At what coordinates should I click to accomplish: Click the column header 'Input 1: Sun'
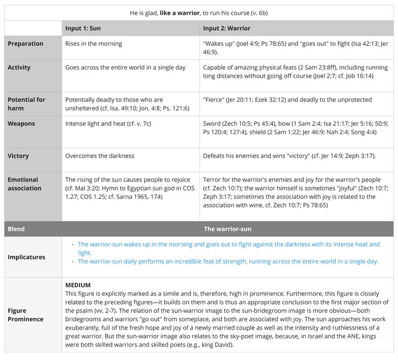tap(83, 28)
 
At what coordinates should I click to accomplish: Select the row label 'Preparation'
tap(26, 44)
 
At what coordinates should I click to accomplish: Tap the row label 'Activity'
tap(19, 68)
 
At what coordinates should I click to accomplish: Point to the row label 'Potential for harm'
tap(27, 104)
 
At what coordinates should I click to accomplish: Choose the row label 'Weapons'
tap(21, 124)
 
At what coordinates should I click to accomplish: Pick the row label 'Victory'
tap(18, 156)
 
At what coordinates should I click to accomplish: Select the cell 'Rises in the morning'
tap(94, 44)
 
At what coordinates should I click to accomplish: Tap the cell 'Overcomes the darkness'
tap(100, 156)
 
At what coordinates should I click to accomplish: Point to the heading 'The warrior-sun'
tap(227, 229)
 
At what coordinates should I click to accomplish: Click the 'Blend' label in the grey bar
tap(16, 229)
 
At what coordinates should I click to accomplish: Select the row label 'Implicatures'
tap(27, 257)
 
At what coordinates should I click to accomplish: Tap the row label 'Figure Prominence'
tap(26, 315)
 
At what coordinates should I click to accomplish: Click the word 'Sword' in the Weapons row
tap(212, 124)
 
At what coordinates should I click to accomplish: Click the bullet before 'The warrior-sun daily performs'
tap(73, 262)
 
